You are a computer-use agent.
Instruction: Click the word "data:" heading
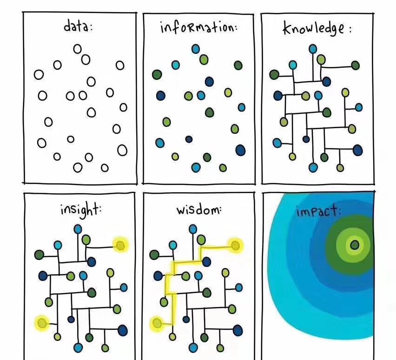tap(78, 26)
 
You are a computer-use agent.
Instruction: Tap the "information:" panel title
tap(199, 27)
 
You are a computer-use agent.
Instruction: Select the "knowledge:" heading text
tap(317, 28)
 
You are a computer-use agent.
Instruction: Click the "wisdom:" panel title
tap(199, 209)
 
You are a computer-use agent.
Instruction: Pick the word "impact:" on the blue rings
tap(319, 211)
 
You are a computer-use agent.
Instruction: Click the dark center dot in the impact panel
tap(355, 245)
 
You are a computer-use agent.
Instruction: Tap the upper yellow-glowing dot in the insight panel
tap(120, 245)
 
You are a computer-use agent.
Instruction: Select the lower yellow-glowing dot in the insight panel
tap(42, 323)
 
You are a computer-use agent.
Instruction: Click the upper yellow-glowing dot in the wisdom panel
tap(235, 245)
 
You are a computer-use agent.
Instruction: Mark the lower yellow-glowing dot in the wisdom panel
tap(157, 323)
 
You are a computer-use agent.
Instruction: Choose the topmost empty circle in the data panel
tap(78, 49)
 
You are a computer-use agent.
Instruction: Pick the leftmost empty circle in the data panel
tap(39, 75)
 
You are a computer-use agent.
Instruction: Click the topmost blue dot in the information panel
tap(196, 49)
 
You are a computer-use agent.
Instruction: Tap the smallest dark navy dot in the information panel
tap(189, 139)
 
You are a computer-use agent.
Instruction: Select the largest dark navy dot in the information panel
tap(240, 150)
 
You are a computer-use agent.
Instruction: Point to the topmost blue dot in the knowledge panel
tap(313, 49)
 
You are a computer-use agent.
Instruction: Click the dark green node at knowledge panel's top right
tap(356, 65)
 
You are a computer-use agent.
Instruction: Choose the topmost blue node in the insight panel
tap(78, 229)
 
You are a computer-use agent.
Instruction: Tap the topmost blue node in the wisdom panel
tap(193, 229)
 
